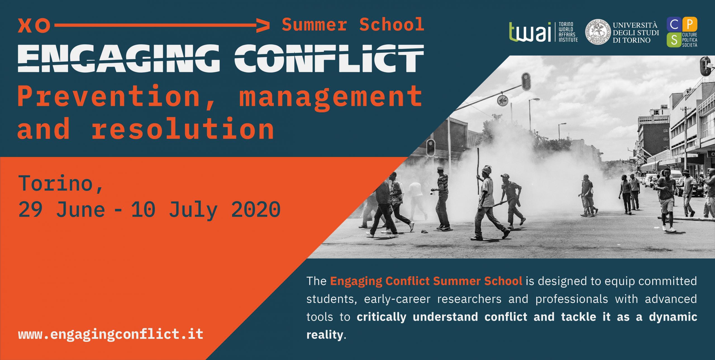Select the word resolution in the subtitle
tap(183, 128)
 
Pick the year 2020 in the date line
tap(256, 209)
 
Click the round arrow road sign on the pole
tap(502, 100)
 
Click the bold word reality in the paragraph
tap(325, 335)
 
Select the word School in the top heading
tap(391, 25)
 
